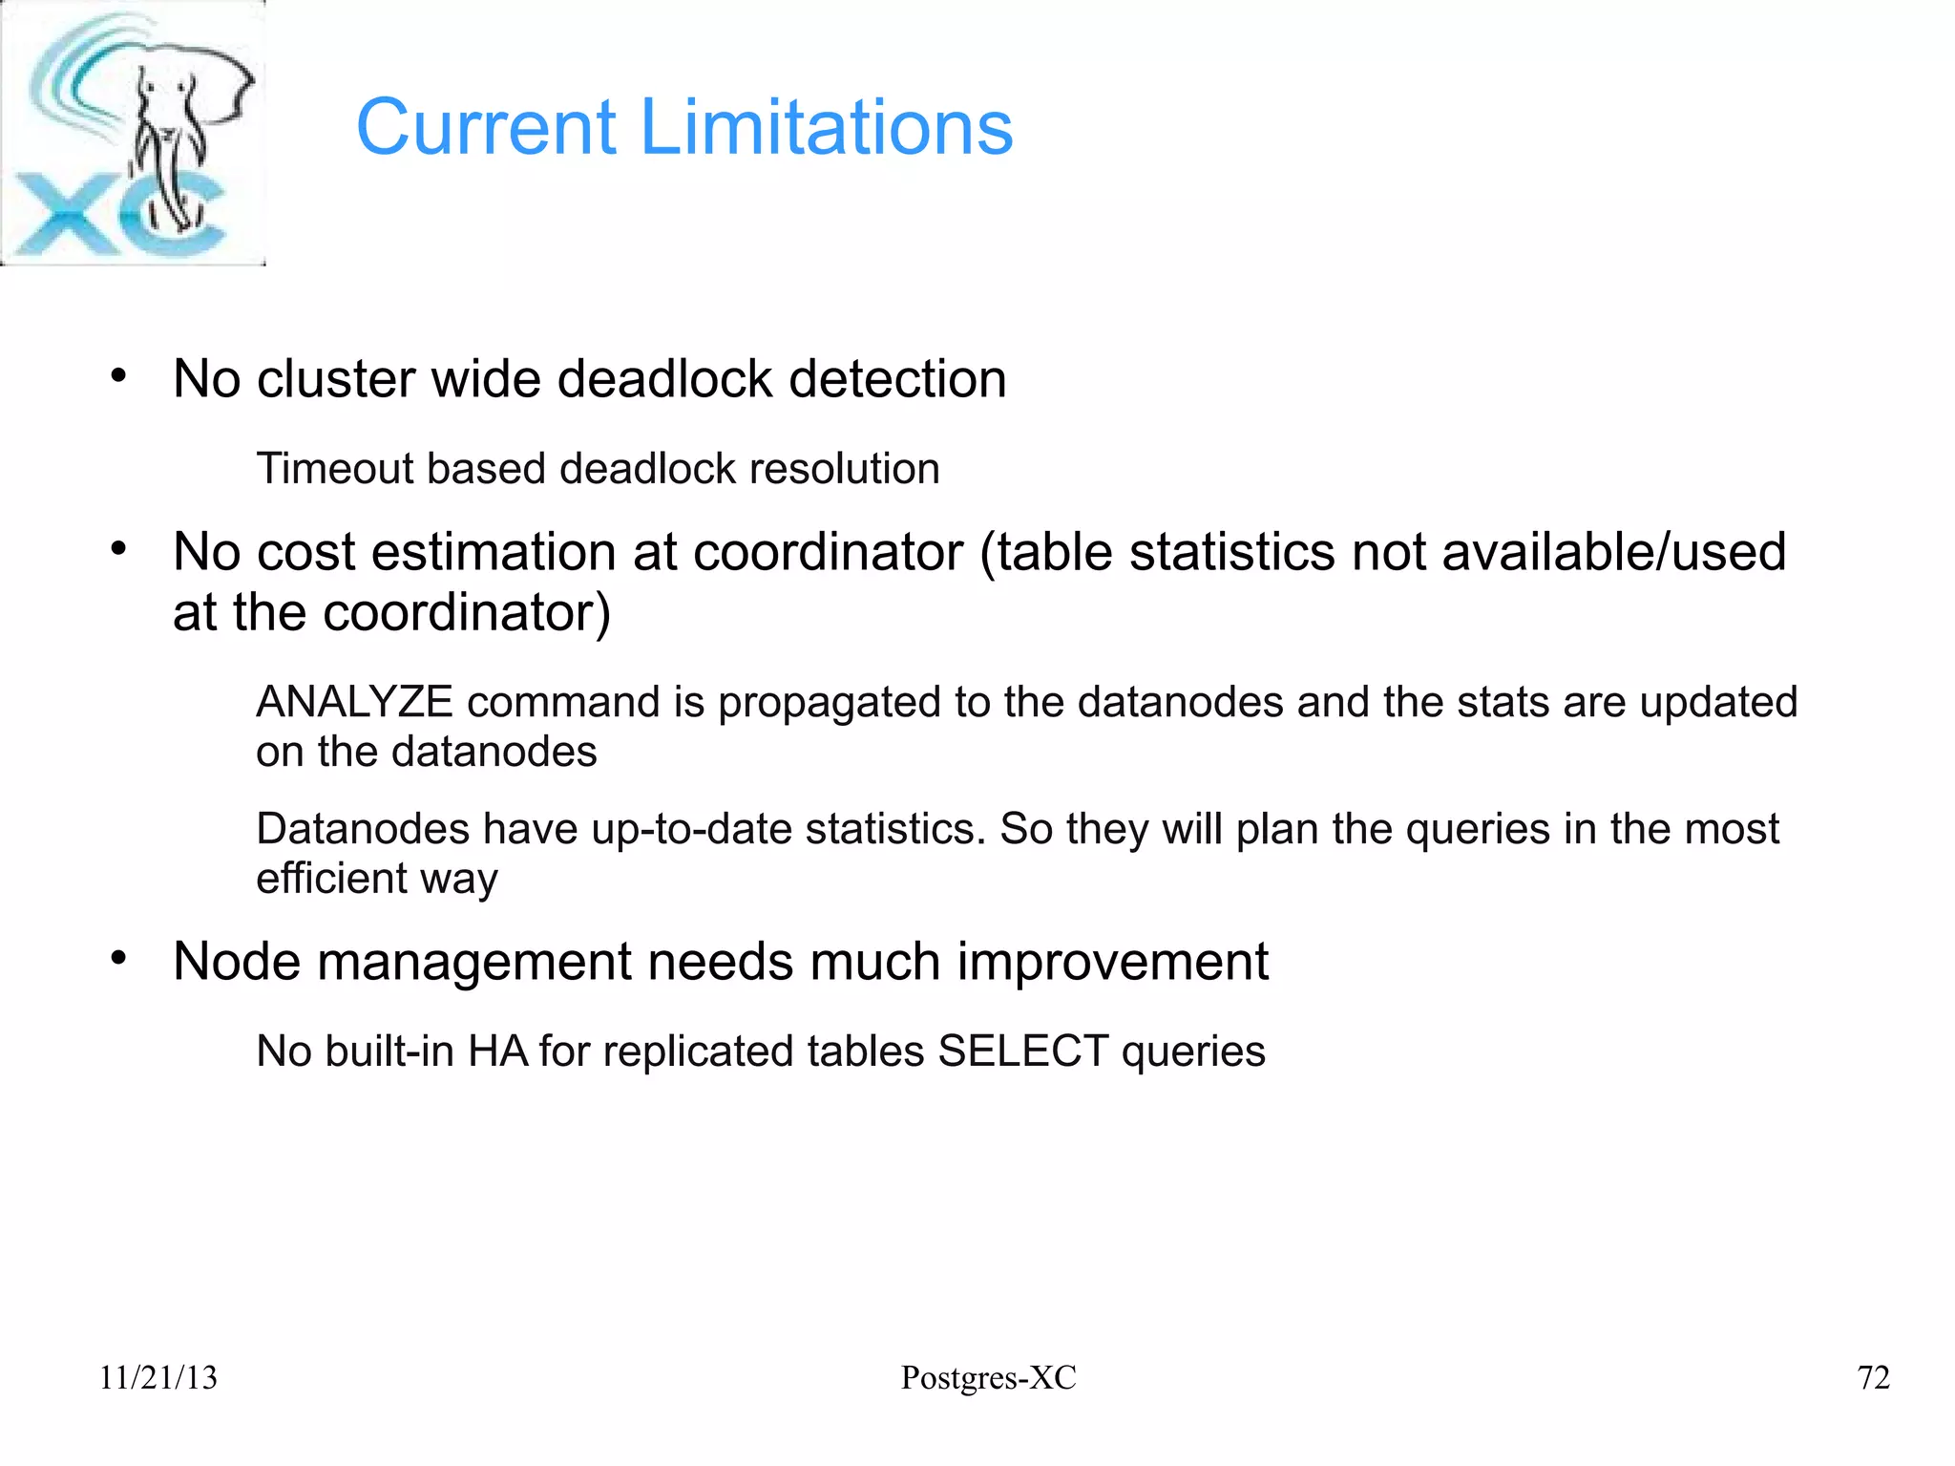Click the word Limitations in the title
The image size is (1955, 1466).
click(x=827, y=127)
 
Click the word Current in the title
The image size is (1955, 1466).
click(x=487, y=127)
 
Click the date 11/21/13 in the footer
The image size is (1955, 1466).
click(x=158, y=1377)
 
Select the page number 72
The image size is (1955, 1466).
click(x=1873, y=1377)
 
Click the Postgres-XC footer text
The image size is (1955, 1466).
click(x=988, y=1377)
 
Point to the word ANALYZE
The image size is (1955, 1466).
click(x=354, y=702)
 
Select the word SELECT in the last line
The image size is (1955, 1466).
click(x=1022, y=1052)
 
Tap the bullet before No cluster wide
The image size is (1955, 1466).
click(x=118, y=376)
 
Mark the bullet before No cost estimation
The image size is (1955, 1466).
click(x=118, y=549)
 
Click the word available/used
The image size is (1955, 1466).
click(x=1613, y=552)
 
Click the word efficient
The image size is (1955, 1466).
click(x=325, y=878)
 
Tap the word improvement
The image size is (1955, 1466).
click(x=1113, y=961)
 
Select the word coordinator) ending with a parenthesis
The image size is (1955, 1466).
click(x=467, y=612)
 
